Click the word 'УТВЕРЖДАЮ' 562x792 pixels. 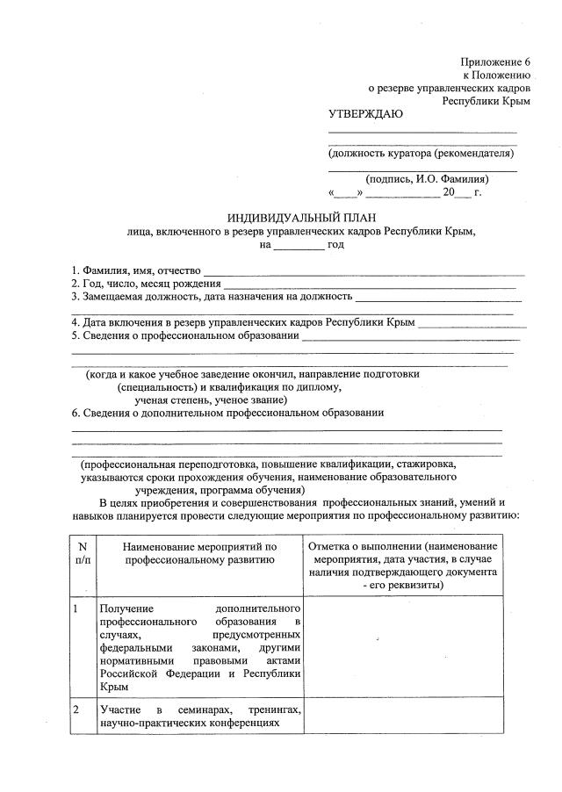coord(364,114)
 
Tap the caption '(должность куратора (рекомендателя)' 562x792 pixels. coord(420,153)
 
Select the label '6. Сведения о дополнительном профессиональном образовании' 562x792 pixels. coord(227,412)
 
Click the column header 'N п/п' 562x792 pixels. coord(83,553)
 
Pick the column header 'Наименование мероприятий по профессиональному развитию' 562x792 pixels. coord(200,553)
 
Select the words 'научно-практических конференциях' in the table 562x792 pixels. coord(189,723)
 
